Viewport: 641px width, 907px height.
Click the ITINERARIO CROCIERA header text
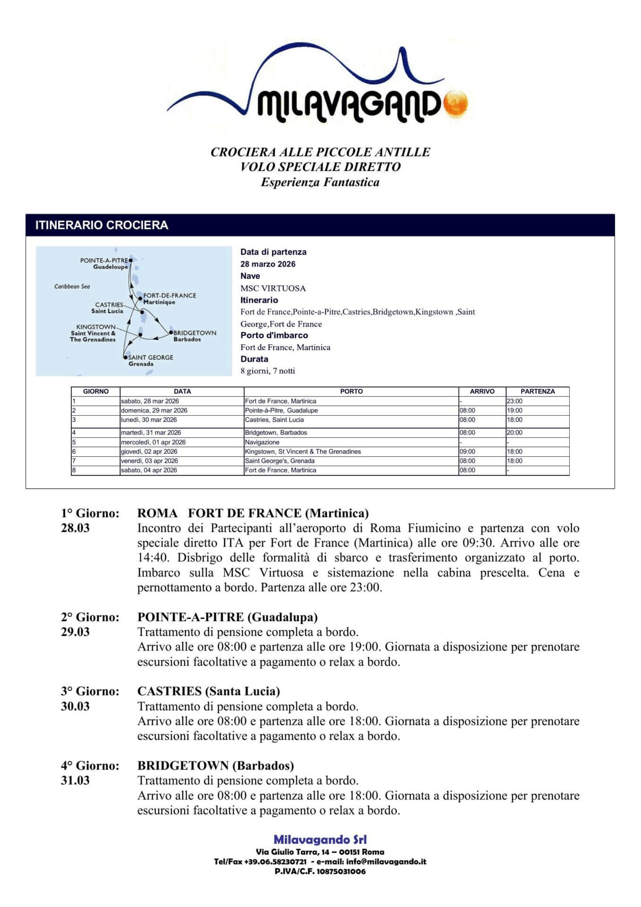(101, 225)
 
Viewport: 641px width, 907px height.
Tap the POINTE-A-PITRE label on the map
(104, 260)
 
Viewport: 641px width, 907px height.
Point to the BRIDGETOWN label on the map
(195, 333)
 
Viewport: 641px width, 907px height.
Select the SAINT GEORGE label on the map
(151, 357)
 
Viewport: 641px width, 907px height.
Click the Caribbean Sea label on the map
(72, 286)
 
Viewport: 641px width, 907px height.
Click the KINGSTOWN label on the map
(96, 327)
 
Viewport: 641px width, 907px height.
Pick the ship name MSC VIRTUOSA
(273, 288)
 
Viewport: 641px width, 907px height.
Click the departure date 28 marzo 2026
(268, 264)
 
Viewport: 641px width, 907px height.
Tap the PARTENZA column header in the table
(537, 391)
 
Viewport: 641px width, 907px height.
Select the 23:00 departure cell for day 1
(514, 401)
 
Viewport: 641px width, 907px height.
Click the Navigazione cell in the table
(262, 442)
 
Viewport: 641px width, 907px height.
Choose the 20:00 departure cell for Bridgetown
(514, 432)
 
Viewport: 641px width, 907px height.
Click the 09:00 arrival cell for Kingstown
(467, 452)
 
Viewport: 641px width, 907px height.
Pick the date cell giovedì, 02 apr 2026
(149, 452)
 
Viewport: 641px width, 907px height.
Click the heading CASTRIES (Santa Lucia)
(208, 691)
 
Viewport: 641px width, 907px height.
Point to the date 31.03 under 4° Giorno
(75, 780)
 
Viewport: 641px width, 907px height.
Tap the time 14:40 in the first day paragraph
(153, 557)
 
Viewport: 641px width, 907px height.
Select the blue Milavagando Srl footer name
(320, 839)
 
